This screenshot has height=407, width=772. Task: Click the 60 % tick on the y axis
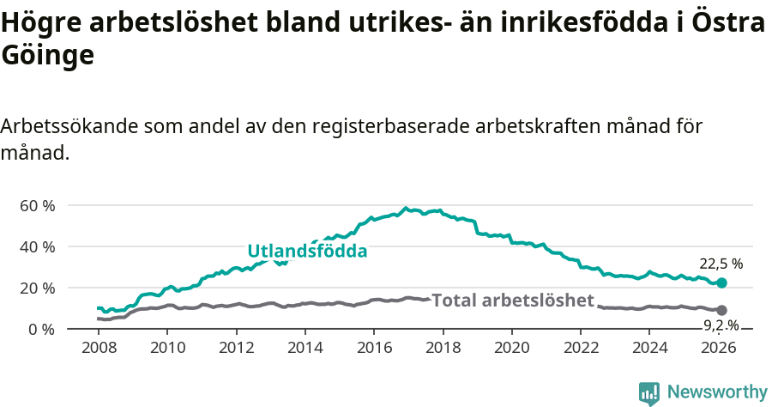[37, 205]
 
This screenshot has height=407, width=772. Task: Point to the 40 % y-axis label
[37, 246]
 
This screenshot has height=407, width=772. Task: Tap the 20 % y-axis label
[37, 288]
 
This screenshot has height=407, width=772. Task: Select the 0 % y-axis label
[41, 329]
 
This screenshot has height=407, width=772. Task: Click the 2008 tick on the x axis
[99, 348]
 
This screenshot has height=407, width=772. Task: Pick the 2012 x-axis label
[236, 348]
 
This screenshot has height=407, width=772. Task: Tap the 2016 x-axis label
[374, 348]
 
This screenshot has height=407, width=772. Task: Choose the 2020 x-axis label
[512, 348]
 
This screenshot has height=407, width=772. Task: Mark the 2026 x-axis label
[719, 348]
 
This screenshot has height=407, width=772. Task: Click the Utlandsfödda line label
[307, 252]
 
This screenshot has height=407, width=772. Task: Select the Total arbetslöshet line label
[513, 301]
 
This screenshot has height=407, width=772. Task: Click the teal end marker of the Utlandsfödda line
[721, 283]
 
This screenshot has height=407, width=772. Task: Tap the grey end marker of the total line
[721, 310]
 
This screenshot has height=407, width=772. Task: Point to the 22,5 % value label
[721, 264]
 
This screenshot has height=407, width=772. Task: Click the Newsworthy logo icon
[649, 393]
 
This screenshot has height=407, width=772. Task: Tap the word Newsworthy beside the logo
[717, 392]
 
